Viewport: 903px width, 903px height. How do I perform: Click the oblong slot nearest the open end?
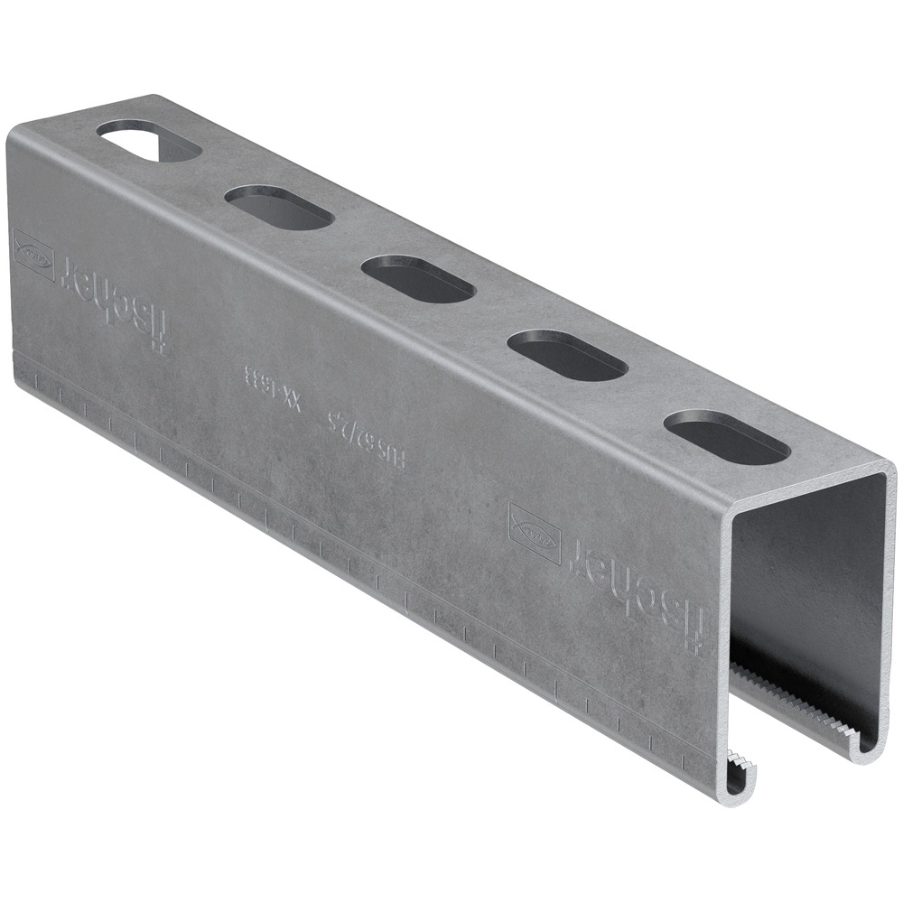pyautogui.click(x=727, y=438)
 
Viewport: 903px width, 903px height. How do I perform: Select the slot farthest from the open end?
pyautogui.click(x=149, y=142)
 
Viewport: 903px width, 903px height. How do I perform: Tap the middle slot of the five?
pyautogui.click(x=418, y=279)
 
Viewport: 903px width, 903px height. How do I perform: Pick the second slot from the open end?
pyautogui.click(x=567, y=355)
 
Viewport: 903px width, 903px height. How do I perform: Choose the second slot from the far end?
pyautogui.click(x=279, y=207)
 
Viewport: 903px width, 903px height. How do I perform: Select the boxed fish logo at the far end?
pyautogui.click(x=33, y=254)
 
